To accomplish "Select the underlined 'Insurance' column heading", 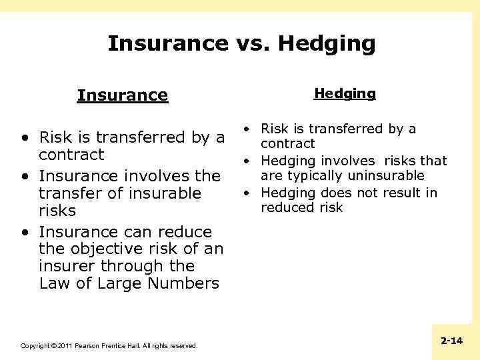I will click(x=123, y=95).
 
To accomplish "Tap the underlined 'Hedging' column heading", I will click(x=345, y=93).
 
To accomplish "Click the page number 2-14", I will click(x=451, y=341).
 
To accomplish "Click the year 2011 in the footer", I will click(x=64, y=346).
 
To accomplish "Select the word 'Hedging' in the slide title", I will click(x=327, y=43).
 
